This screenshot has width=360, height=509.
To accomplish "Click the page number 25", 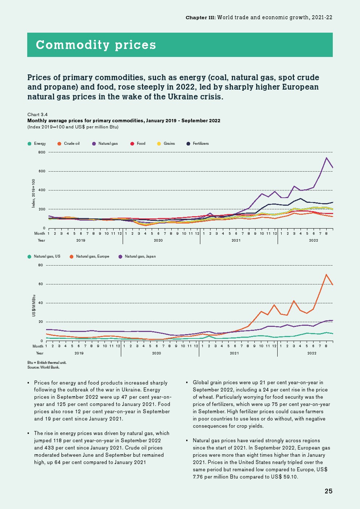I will pos(328,491).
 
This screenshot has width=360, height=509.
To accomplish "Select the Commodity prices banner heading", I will pos(96,45).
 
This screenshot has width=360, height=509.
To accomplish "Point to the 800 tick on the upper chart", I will pos(42,152).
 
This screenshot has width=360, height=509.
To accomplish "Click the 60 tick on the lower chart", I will pos(40,284).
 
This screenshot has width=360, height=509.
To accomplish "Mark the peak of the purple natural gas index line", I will pos(327,158).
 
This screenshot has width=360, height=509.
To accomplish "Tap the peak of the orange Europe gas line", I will pos(326,275).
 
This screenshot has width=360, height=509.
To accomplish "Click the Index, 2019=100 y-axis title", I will pos(34,193).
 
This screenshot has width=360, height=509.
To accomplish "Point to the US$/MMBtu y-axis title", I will pos(34,305).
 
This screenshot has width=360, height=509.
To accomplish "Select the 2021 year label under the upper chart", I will pos(236,240).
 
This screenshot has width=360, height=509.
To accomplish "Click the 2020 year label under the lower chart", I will pos(156,353).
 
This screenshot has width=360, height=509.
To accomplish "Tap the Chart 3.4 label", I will pos(37,115).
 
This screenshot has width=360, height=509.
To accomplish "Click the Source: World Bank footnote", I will pos(43,367).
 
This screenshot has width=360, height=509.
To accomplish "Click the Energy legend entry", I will pos(40,144).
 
